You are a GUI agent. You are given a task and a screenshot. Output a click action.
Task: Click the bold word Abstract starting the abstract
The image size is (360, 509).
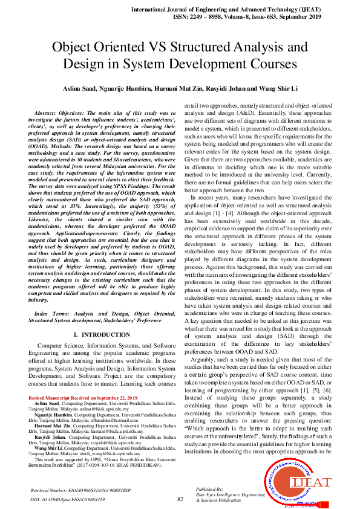(46, 113)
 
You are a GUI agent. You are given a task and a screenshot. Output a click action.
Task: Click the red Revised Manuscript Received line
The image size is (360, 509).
(83, 397)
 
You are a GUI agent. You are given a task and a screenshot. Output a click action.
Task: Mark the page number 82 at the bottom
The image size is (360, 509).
(180, 499)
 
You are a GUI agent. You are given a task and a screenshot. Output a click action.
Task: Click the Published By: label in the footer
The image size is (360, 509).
(212, 490)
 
